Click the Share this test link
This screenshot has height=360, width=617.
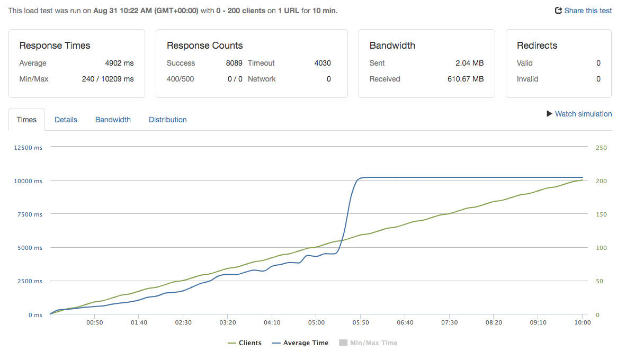click(x=583, y=11)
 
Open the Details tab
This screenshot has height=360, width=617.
click(x=66, y=120)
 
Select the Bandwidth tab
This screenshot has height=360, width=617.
click(x=113, y=120)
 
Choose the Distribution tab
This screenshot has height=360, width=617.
click(x=167, y=120)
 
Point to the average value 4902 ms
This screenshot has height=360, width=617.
click(x=119, y=63)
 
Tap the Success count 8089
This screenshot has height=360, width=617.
click(x=234, y=63)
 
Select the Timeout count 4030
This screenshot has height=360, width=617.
click(x=322, y=63)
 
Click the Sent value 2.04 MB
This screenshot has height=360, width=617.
click(x=470, y=63)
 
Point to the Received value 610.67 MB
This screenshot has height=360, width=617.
click(x=465, y=79)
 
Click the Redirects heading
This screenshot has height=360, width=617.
click(x=537, y=46)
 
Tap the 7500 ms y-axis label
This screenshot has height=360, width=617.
click(x=30, y=214)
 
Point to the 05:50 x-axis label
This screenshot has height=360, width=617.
click(x=360, y=322)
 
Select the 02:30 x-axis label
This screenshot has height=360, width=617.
click(x=183, y=322)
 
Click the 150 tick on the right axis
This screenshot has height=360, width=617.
click(x=601, y=214)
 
